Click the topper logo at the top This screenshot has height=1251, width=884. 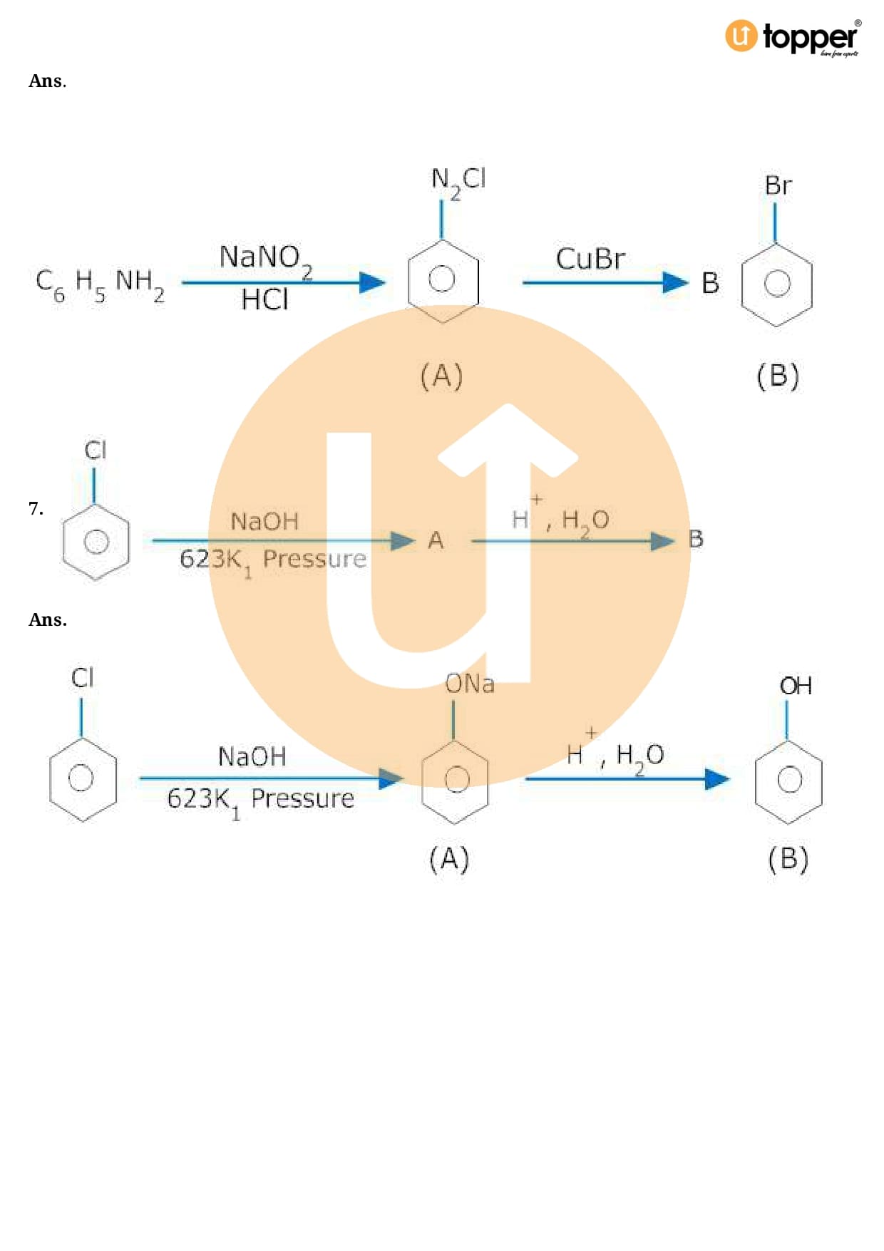pyautogui.click(x=793, y=37)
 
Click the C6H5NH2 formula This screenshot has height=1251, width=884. pyautogui.click(x=100, y=284)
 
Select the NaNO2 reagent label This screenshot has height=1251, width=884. pyautogui.click(x=265, y=258)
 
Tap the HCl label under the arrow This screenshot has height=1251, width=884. pyautogui.click(x=264, y=300)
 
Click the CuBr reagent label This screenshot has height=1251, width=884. pyautogui.click(x=590, y=259)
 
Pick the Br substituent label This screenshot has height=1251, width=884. pyautogui.click(x=778, y=186)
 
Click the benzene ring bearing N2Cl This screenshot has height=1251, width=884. pyautogui.click(x=442, y=280)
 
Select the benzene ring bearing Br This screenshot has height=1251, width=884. pyautogui.click(x=777, y=284)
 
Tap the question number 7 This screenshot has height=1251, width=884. pyautogui.click(x=36, y=508)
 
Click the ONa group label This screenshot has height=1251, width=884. pyautogui.click(x=469, y=684)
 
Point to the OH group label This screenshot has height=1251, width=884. pyautogui.click(x=796, y=686)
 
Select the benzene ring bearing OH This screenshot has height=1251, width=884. pyautogui.click(x=788, y=780)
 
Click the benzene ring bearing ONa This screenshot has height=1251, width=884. pyautogui.click(x=456, y=780)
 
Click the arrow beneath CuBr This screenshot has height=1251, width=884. pyautogui.click(x=605, y=283)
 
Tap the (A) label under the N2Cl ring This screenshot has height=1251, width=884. pyautogui.click(x=442, y=376)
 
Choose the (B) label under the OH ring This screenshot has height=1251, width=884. pyautogui.click(x=788, y=859)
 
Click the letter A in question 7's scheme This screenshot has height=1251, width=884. pyautogui.click(x=436, y=540)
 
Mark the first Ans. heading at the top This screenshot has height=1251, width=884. pyautogui.click(x=47, y=81)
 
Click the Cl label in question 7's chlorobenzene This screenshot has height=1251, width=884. pyautogui.click(x=95, y=451)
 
